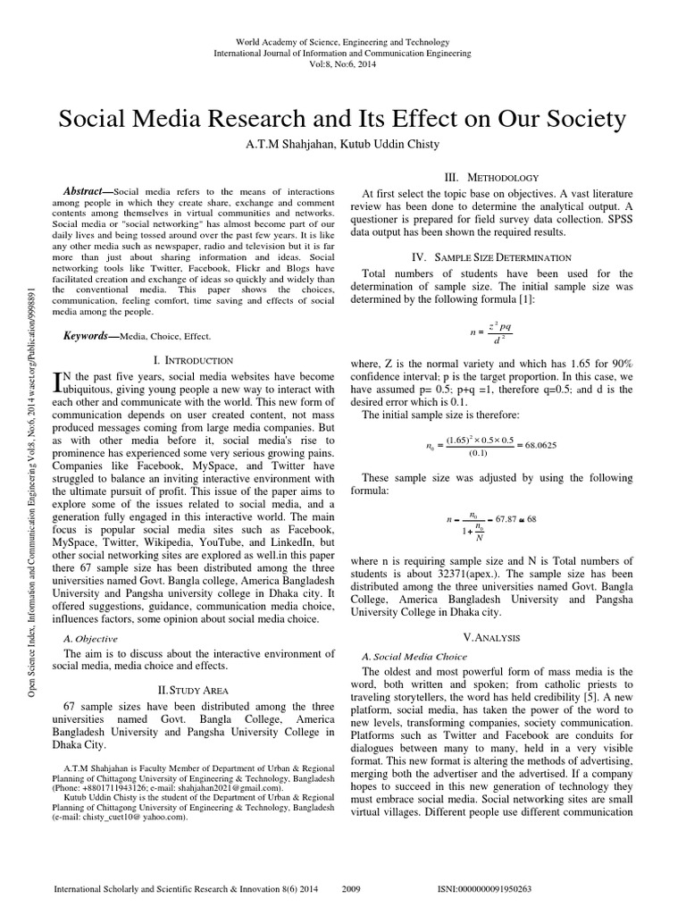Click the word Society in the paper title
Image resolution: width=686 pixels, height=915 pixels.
tap(577, 119)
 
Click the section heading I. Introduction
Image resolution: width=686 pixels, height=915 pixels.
tap(194, 359)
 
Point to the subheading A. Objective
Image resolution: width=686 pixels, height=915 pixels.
tap(92, 639)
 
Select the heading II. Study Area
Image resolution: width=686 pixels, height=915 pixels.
tap(194, 689)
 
